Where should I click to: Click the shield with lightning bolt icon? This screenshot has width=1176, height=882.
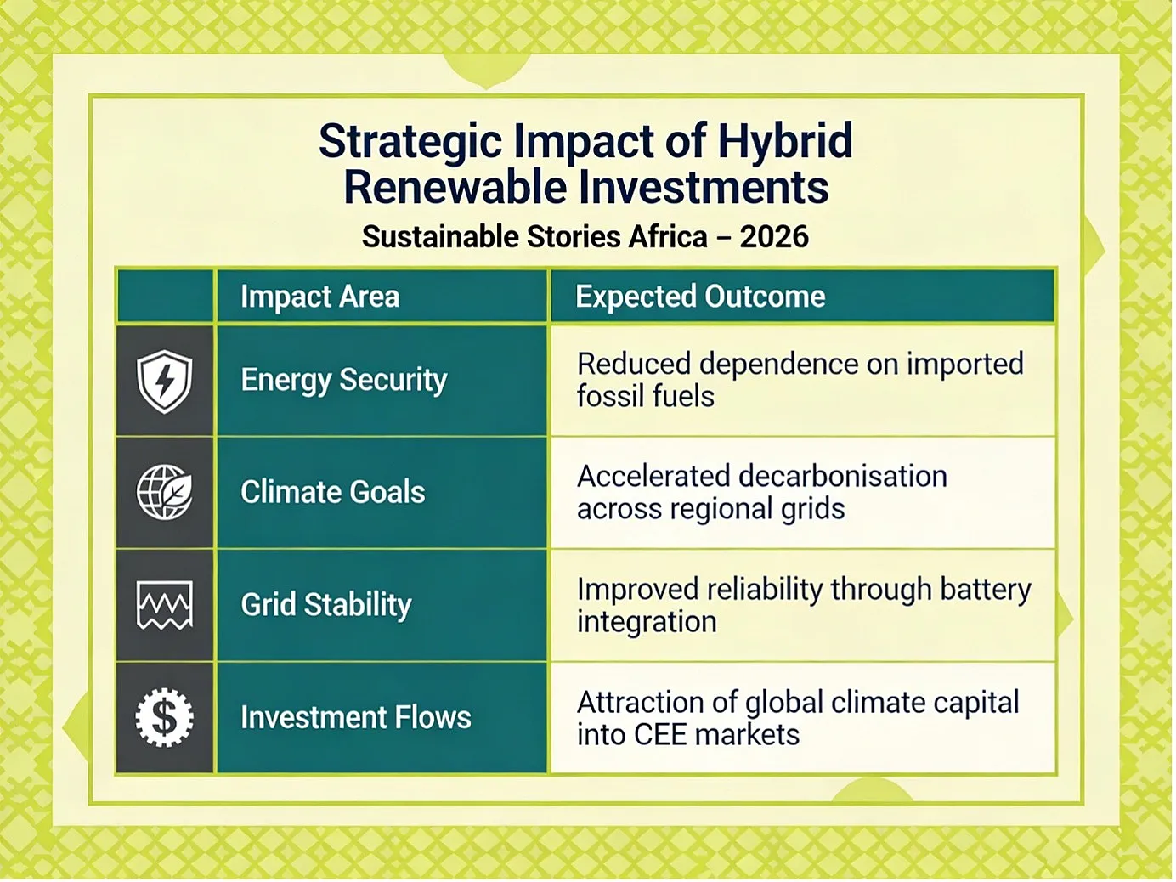pyautogui.click(x=165, y=382)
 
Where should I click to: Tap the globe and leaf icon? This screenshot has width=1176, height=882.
pyautogui.click(x=165, y=493)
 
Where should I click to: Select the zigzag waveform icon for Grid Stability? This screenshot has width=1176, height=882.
pyautogui.click(x=165, y=605)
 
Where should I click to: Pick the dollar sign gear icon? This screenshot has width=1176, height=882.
pyautogui.click(x=165, y=718)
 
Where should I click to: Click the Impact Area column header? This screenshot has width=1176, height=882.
pyautogui.click(x=319, y=297)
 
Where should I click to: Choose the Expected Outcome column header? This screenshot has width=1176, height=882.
pyautogui.click(x=700, y=297)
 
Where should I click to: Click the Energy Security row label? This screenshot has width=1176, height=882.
pyautogui.click(x=344, y=381)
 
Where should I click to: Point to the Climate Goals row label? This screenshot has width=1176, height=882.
pyautogui.click(x=333, y=492)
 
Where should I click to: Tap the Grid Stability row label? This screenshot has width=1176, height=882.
pyautogui.click(x=326, y=605)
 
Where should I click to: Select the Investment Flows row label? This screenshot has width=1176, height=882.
pyautogui.click(x=356, y=718)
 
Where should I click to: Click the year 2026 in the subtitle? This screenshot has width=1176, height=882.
pyautogui.click(x=774, y=236)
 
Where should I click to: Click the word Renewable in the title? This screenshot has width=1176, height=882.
pyautogui.click(x=455, y=187)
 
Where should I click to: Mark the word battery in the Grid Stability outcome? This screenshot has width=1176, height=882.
pyautogui.click(x=986, y=591)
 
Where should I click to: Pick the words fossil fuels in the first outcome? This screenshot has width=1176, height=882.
pyautogui.click(x=646, y=397)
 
